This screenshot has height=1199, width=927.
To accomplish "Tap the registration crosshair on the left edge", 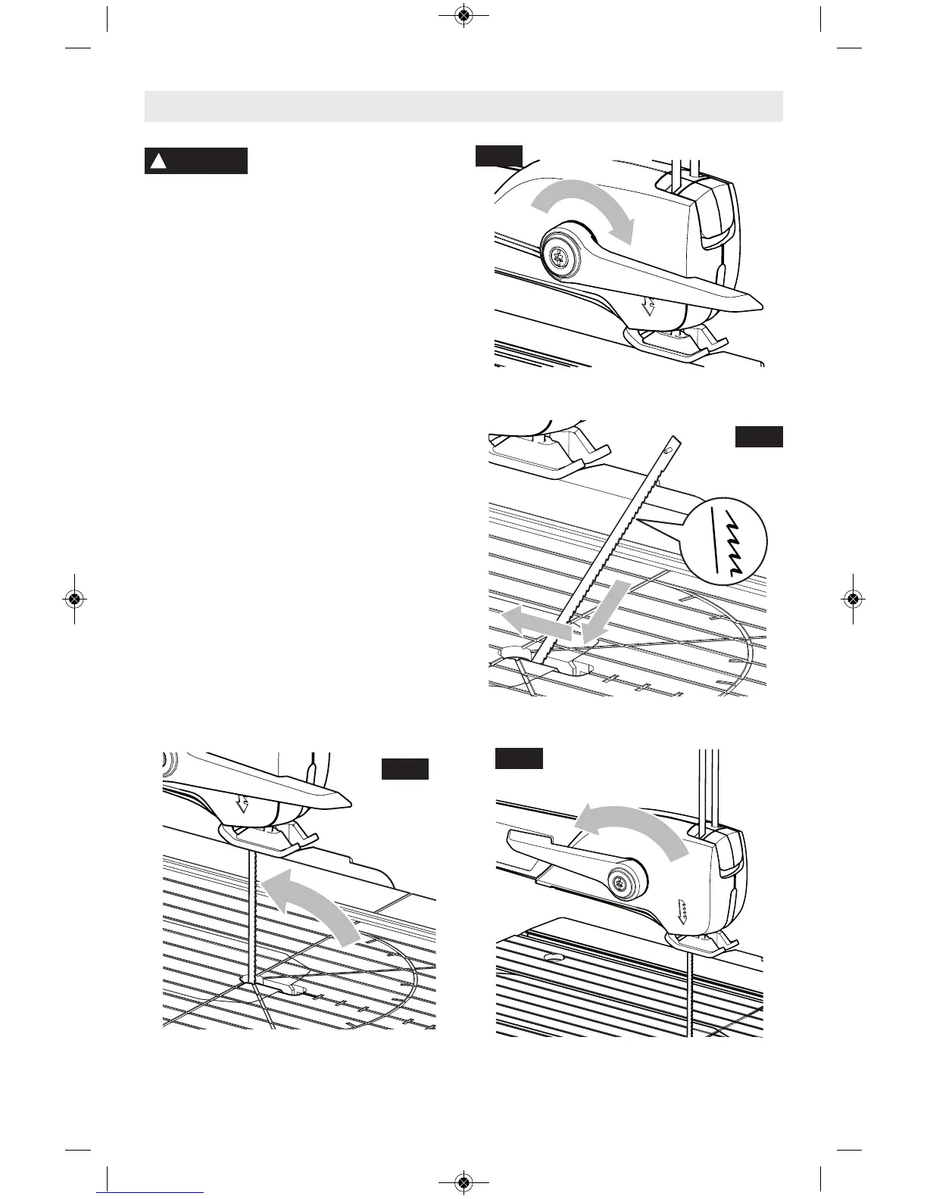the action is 73,598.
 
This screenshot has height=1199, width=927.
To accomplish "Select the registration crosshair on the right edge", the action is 853,598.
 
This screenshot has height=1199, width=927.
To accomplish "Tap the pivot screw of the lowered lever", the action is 560,257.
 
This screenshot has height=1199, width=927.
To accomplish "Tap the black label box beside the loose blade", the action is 759,437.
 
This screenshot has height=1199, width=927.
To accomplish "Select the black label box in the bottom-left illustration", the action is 405,768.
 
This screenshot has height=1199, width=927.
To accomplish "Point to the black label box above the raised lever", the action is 519,758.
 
